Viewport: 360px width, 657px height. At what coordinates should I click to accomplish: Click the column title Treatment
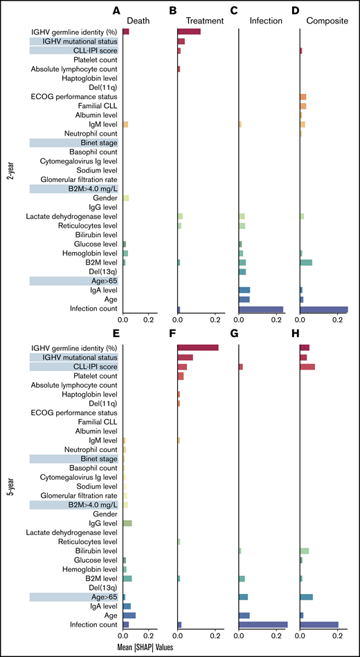click(x=206, y=21)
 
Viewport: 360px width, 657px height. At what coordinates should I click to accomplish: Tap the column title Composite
click(x=325, y=21)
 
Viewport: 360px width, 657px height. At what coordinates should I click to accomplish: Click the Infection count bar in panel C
click(x=261, y=309)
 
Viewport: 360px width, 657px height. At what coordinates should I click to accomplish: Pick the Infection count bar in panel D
click(x=324, y=309)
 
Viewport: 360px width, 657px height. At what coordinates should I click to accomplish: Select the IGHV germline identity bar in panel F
click(x=198, y=348)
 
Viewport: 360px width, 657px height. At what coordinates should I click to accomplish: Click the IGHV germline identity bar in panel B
click(x=189, y=32)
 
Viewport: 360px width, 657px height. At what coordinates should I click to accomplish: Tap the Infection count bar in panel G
click(x=263, y=624)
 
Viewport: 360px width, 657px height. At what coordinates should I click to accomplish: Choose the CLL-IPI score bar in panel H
click(x=307, y=366)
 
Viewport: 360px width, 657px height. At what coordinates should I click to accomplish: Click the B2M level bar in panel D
click(x=306, y=262)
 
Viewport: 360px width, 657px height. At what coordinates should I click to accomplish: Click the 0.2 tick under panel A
click(x=148, y=321)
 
